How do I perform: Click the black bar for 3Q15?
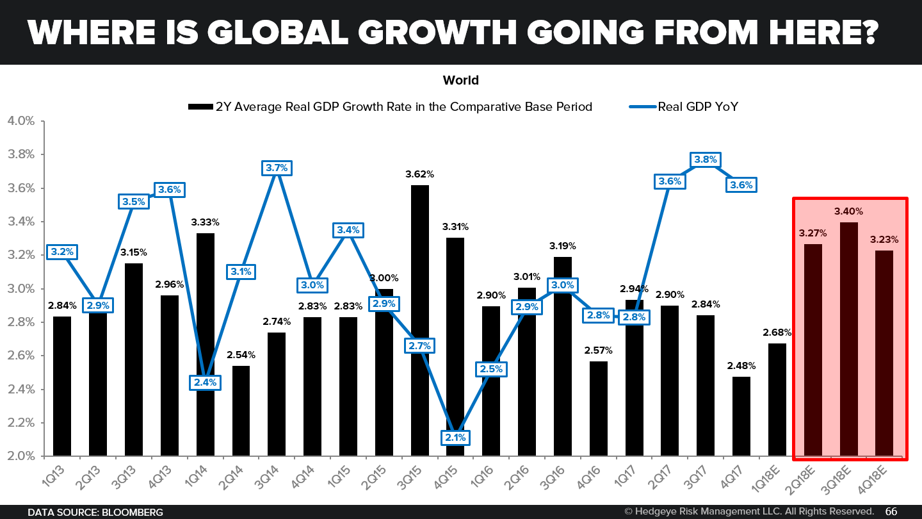[420, 320]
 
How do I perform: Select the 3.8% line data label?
[706, 160]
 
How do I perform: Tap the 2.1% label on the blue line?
[456, 438]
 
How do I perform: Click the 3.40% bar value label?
[848, 211]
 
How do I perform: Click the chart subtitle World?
[460, 80]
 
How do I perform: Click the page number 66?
[891, 511]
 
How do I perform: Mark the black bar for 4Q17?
[741, 416]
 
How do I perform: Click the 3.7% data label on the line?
[277, 168]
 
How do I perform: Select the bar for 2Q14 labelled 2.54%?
[241, 410]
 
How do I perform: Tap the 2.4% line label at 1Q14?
[206, 383]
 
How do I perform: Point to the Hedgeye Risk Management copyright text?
[749, 511]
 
